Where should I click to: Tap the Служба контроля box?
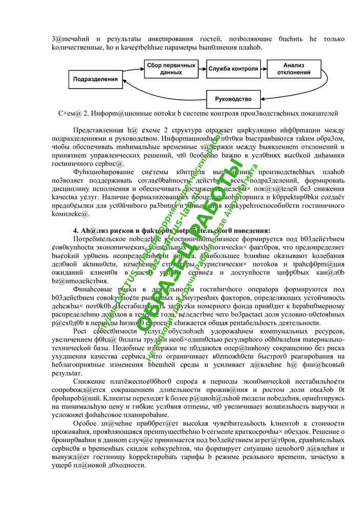(233, 69)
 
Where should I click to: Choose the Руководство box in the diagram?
(233, 99)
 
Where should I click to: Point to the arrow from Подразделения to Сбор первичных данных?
(132, 73)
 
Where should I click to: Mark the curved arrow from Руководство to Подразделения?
(154, 92)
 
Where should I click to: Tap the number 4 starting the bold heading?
(75, 230)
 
